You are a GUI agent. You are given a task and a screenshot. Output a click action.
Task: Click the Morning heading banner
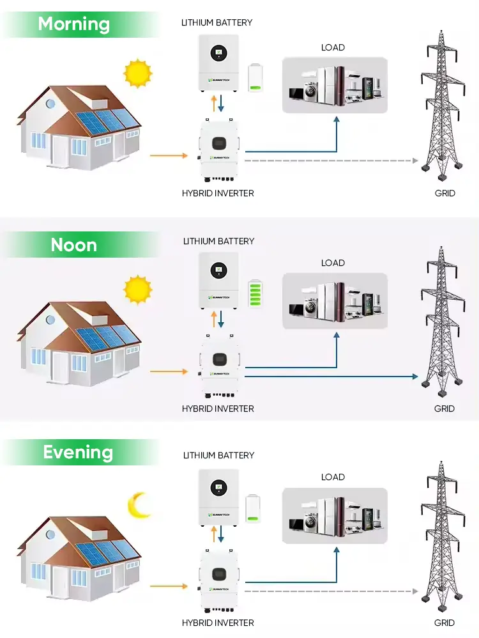74,24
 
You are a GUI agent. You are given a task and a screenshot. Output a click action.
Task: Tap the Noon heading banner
74,245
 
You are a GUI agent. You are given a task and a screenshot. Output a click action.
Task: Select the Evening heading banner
78,453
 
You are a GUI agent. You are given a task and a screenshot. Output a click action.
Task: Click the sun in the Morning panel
137,73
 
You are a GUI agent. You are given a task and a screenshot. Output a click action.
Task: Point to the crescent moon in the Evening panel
139,504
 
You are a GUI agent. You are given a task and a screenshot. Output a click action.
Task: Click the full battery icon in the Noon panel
256,295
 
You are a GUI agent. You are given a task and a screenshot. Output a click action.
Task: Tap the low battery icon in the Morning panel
256,78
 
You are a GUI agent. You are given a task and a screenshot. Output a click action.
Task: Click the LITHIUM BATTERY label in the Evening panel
218,456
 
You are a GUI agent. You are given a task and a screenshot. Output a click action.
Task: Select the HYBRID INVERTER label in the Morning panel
218,193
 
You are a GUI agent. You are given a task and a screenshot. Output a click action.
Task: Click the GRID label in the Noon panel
445,408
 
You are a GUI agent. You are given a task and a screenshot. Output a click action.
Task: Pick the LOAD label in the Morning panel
333,47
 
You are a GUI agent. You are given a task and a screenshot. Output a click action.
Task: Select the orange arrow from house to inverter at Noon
168,371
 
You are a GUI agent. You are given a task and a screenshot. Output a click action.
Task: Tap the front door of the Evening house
61,582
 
